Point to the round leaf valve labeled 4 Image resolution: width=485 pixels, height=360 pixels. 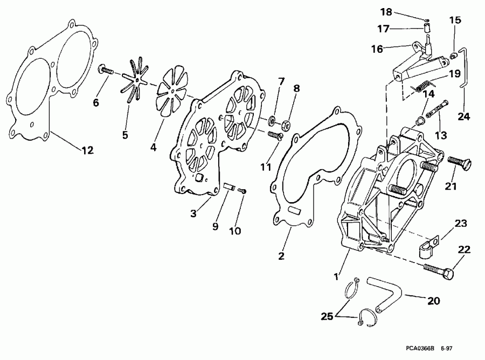[x=170, y=91]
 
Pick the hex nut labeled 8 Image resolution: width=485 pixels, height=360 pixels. [x=287, y=123]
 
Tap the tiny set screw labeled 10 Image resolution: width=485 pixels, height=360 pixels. [x=242, y=190]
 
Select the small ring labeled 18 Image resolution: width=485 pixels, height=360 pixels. [x=426, y=22]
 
